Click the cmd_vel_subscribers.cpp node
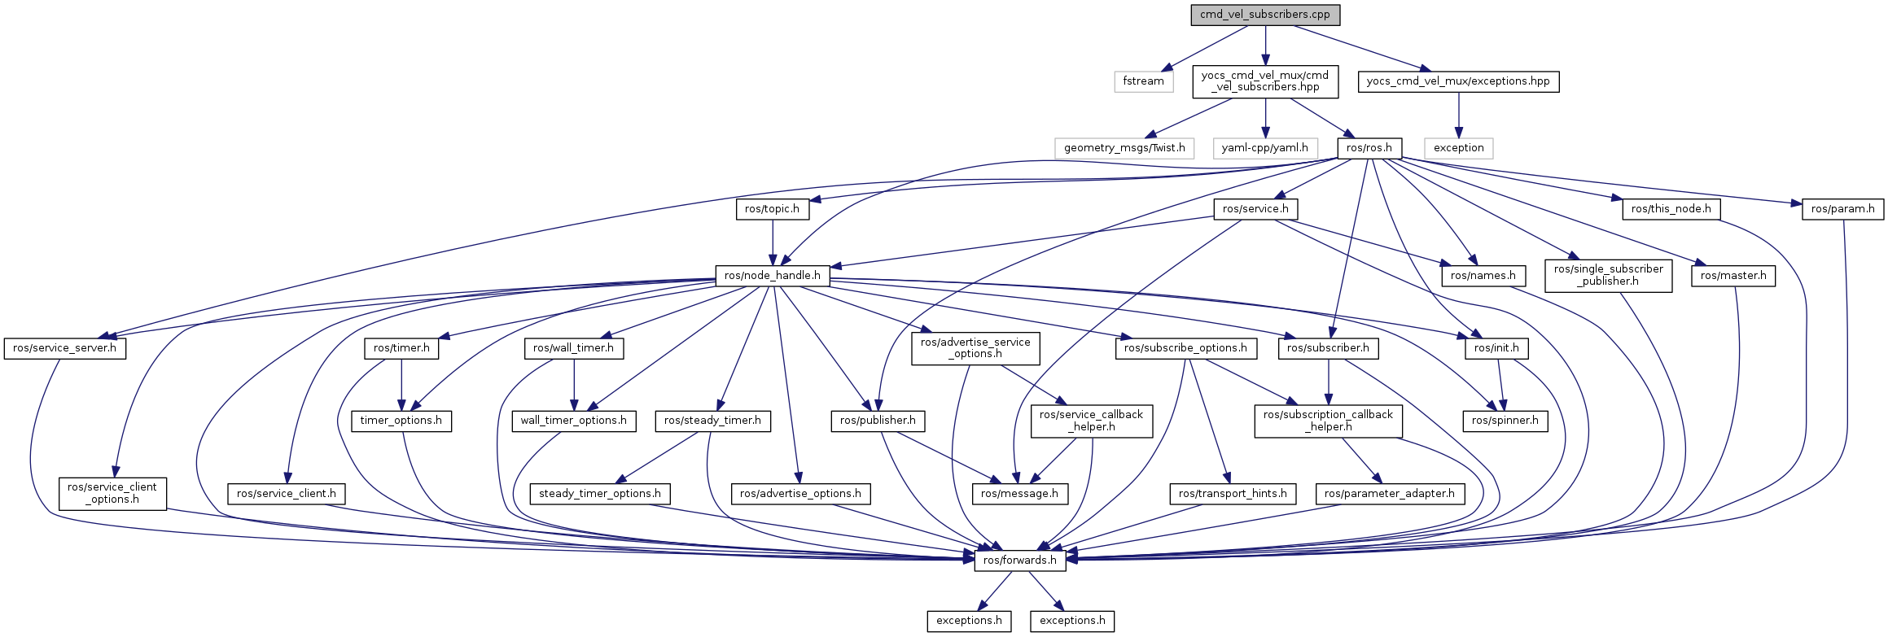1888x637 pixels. tap(1265, 15)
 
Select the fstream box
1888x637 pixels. tap(1144, 81)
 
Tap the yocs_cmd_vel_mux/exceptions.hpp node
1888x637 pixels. tap(1458, 81)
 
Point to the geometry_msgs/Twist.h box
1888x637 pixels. tap(1124, 148)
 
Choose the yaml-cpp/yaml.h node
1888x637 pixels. tap(1265, 148)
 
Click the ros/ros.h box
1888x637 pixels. tap(1370, 148)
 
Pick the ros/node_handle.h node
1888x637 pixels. tap(773, 276)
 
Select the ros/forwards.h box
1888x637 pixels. tap(1020, 561)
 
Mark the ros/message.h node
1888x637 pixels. tap(1020, 494)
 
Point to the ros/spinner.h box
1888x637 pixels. tap(1505, 421)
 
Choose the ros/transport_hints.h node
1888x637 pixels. tap(1233, 494)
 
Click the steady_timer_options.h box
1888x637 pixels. tap(600, 494)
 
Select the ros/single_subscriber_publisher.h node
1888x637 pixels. tap(1609, 276)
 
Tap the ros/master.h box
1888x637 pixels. tap(1733, 276)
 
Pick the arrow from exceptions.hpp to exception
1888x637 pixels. tap(1458, 115)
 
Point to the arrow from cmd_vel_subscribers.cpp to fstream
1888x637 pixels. tap(1204, 48)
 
